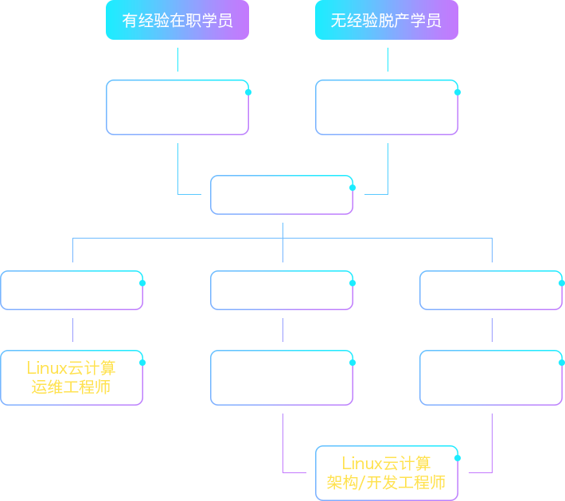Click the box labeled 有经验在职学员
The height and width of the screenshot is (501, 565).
click(x=177, y=20)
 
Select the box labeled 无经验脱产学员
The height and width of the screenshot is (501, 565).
click(x=387, y=20)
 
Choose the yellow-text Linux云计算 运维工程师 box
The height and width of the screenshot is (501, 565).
click(x=72, y=378)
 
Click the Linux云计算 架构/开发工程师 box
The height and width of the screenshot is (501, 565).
click(x=387, y=472)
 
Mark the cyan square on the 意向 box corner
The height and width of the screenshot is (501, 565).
click(x=352, y=188)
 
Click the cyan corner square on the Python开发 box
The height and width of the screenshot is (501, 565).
click(x=352, y=363)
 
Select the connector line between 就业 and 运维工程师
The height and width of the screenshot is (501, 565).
click(x=72, y=330)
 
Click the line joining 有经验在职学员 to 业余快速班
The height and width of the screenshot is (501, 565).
click(x=177, y=60)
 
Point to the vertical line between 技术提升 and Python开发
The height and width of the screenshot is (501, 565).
click(x=282, y=330)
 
